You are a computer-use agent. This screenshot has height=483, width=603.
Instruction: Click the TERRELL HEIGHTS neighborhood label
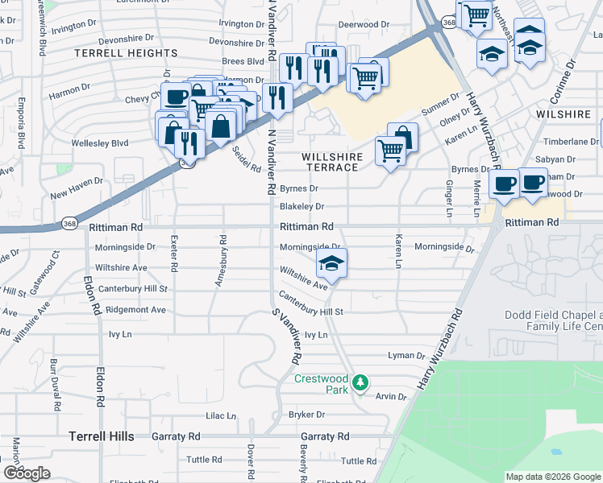coord(138,53)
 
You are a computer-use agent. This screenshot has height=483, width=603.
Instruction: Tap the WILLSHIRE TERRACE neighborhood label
coord(330,162)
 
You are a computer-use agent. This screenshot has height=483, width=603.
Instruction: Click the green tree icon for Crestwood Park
coord(363,382)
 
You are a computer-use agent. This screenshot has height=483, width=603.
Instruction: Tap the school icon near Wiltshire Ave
coord(331,262)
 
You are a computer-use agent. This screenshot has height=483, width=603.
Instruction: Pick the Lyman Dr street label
coord(406,355)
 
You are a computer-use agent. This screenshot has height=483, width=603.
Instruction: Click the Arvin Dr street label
coord(392,396)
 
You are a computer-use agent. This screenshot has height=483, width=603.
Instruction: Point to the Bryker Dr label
coord(306,415)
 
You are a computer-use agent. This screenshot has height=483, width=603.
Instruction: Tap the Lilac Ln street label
coord(221,416)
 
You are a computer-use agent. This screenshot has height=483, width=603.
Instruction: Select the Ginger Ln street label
coord(449,198)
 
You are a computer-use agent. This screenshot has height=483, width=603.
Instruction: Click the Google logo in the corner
coord(27,473)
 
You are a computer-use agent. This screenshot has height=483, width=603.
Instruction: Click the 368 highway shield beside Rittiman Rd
coord(71,225)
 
